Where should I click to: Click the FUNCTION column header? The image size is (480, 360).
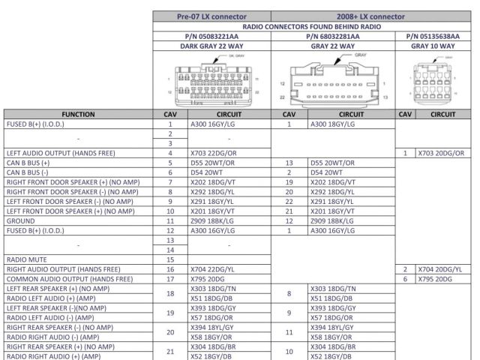[78, 113]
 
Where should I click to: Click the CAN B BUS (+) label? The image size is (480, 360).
[28, 162]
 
